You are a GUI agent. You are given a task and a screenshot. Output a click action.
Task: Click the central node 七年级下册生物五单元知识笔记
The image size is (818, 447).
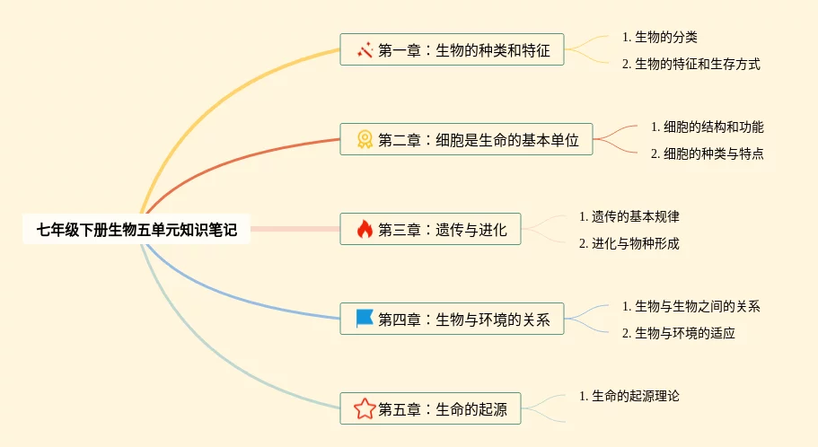pyautogui.click(x=136, y=230)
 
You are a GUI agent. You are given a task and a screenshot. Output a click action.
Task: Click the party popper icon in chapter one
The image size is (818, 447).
pyautogui.click(x=365, y=50)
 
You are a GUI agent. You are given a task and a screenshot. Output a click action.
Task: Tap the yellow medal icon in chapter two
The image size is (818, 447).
pyautogui.click(x=365, y=139)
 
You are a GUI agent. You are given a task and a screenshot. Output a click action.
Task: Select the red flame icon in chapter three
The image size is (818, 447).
pyautogui.click(x=365, y=230)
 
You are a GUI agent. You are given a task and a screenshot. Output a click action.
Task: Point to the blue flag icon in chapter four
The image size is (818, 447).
pyautogui.click(x=365, y=319)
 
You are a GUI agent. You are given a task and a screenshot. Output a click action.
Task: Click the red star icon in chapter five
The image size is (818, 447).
pyautogui.click(x=365, y=409)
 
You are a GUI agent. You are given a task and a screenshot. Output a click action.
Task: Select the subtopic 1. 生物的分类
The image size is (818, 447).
pyautogui.click(x=660, y=37)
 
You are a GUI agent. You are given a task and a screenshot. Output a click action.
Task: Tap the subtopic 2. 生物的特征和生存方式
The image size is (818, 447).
pyautogui.click(x=691, y=64)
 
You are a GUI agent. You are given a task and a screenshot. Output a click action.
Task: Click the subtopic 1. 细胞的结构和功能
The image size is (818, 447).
pyautogui.click(x=707, y=127)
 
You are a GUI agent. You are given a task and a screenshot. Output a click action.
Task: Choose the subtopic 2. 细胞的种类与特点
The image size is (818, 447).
pyautogui.click(x=707, y=153)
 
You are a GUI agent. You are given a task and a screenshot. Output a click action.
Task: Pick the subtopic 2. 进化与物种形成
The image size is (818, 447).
pyautogui.click(x=629, y=243)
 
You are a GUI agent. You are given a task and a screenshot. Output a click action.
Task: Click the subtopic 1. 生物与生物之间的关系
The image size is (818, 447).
pyautogui.click(x=691, y=306)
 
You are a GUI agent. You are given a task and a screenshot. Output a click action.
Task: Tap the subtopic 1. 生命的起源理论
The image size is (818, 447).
pyautogui.click(x=635, y=396)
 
